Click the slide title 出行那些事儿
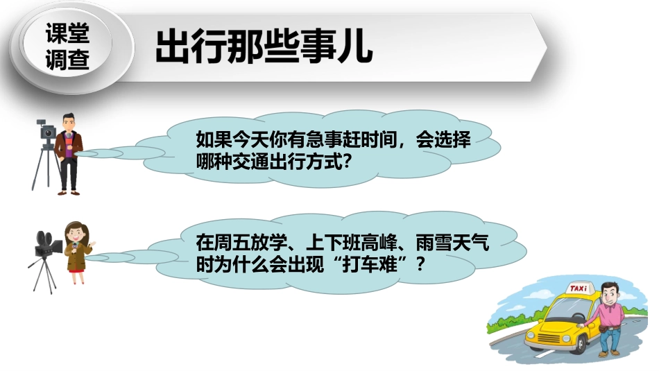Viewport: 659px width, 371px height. click(x=264, y=47)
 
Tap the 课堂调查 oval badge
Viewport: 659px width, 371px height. click(x=67, y=47)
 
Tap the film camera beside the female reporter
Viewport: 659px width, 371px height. click(x=46, y=243)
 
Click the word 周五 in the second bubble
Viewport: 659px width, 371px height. click(x=229, y=243)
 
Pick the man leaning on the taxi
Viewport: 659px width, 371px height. click(x=607, y=316)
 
